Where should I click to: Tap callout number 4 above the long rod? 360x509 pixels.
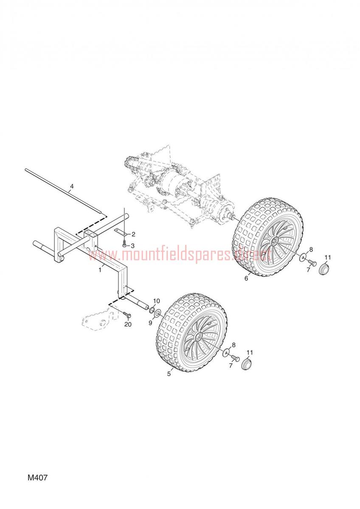tap(72, 186)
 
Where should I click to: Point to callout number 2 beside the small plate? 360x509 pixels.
tap(133, 234)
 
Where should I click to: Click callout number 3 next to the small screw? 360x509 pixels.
tap(132, 246)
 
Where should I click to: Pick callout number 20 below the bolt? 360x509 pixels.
tap(128, 324)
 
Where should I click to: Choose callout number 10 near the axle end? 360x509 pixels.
tap(156, 301)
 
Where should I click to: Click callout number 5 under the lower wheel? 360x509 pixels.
tap(169, 374)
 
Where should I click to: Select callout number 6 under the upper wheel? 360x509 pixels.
tap(246, 279)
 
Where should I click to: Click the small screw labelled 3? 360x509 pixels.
tap(124, 245)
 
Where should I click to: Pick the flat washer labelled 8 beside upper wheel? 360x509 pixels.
tap(303, 258)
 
